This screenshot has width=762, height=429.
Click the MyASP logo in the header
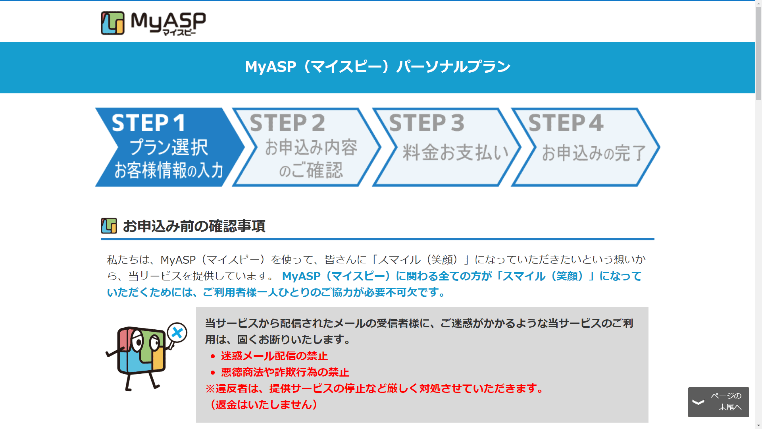[153, 23]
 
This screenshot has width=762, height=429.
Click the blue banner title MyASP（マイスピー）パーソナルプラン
[377, 67]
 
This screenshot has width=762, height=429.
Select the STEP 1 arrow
[167, 147]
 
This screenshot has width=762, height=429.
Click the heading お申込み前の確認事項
[194, 226]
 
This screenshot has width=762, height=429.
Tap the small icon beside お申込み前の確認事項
[109, 226]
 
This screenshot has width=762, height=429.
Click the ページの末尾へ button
[718, 402]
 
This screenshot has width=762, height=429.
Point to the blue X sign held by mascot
[177, 332]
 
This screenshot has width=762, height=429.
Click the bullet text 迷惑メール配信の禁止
[274, 356]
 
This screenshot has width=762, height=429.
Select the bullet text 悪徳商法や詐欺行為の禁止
[285, 372]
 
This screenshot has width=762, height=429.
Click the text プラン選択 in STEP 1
[169, 147]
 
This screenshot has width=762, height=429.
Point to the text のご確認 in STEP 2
[311, 170]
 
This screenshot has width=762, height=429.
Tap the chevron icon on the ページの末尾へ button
[698, 402]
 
